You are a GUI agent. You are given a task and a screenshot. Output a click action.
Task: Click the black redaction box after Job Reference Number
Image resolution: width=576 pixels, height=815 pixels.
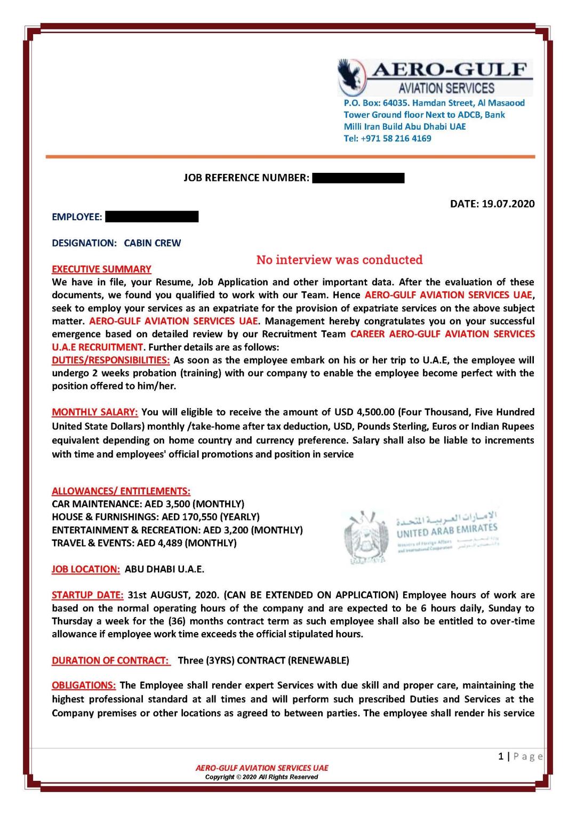[x=358, y=178]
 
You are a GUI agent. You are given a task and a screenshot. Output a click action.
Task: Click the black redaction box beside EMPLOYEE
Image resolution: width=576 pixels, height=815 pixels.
[x=152, y=217]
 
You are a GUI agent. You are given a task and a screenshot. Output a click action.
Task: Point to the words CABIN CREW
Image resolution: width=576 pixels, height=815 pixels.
[x=153, y=243]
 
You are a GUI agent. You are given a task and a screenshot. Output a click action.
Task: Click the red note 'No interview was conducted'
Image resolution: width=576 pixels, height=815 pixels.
[x=339, y=260]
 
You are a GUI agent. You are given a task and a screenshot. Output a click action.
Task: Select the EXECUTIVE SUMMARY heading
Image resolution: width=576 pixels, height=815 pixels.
[x=101, y=269]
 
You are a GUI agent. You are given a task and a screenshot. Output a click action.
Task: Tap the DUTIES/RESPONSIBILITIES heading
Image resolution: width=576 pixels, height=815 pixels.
[x=110, y=360]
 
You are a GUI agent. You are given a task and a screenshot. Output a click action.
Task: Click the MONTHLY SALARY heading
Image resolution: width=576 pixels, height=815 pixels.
[x=95, y=412]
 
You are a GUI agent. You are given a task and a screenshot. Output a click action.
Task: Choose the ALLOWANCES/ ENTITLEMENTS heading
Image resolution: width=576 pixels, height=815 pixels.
[x=121, y=491]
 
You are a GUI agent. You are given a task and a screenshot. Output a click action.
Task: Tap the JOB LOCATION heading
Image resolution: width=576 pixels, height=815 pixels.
[x=86, y=569]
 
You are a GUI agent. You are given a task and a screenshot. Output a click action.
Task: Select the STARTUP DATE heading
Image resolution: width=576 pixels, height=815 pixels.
[x=87, y=595]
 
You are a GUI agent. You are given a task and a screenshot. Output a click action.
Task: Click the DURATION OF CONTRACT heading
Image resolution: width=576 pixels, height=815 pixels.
[x=110, y=660]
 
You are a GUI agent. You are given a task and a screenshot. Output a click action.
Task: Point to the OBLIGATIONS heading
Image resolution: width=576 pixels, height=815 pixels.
[x=84, y=685]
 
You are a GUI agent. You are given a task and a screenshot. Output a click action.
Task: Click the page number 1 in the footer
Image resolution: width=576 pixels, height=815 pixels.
[x=500, y=756]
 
